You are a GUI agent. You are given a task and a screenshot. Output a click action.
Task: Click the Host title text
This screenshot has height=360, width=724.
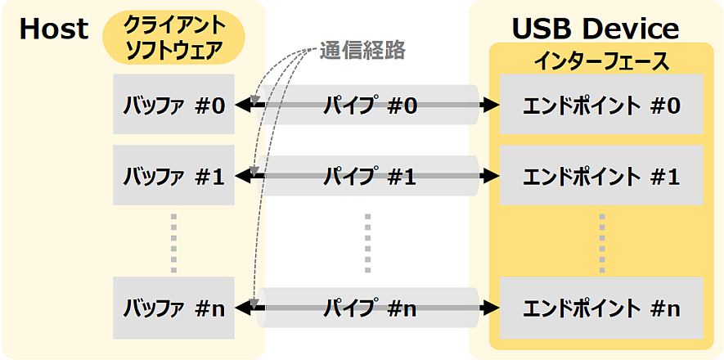(54, 29)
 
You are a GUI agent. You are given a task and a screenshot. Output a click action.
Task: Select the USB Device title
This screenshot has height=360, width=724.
(595, 29)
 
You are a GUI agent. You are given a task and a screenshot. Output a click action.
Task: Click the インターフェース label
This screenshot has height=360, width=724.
(601, 61)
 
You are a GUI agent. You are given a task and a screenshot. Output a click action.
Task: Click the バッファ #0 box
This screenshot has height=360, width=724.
(173, 105)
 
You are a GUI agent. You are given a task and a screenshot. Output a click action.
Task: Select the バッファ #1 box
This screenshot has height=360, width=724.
(173, 175)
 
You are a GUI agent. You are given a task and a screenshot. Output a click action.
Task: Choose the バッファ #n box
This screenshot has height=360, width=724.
(173, 308)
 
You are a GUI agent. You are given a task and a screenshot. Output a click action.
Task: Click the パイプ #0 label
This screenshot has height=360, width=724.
(370, 106)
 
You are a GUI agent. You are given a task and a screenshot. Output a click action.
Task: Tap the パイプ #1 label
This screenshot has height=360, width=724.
(370, 176)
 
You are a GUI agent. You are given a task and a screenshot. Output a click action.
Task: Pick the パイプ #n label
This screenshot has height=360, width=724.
(370, 308)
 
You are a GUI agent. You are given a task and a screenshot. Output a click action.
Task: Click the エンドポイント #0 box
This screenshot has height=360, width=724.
(601, 105)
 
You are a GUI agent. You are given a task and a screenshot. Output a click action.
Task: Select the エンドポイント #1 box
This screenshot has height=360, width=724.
(601, 175)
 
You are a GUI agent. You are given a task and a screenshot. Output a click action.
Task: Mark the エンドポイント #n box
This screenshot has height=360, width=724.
(601, 308)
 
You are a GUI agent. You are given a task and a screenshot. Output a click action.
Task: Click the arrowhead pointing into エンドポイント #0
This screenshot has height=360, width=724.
(491, 106)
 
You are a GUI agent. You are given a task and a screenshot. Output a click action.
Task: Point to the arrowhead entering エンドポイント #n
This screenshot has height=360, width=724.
(491, 308)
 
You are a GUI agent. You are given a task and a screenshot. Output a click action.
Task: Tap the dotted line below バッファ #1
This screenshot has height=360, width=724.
(173, 241)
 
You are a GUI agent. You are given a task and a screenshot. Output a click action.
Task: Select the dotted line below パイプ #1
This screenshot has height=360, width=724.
(367, 241)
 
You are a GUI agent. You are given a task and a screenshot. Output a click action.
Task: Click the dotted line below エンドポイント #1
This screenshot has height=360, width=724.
(601, 241)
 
